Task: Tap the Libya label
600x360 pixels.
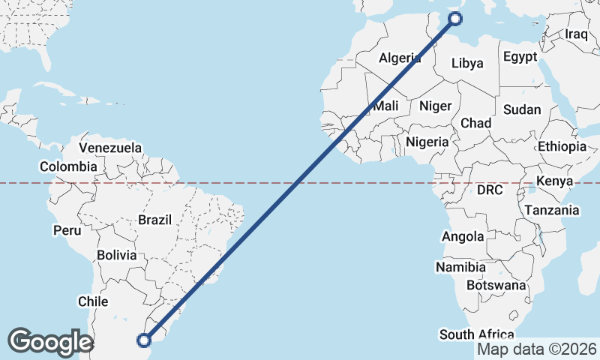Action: (x=467, y=64)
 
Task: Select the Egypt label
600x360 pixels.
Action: (x=520, y=57)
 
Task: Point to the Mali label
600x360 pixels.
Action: (x=385, y=106)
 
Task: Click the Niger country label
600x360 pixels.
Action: (x=435, y=106)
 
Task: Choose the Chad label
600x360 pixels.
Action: (x=475, y=123)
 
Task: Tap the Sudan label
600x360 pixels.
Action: (x=522, y=109)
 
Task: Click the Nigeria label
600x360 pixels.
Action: (x=427, y=141)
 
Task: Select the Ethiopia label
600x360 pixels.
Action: (x=562, y=146)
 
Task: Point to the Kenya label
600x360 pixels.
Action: (x=555, y=181)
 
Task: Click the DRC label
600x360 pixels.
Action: (x=490, y=190)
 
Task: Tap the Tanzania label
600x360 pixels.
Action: (x=552, y=211)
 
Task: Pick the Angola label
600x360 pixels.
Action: (x=463, y=237)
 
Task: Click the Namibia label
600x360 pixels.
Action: (x=460, y=267)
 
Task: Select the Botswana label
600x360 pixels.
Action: (x=496, y=285)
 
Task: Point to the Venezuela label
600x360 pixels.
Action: (x=110, y=148)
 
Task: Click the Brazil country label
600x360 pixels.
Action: (x=155, y=220)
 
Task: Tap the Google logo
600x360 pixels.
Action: (x=50, y=342)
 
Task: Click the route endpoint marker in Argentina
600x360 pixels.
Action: (x=144, y=340)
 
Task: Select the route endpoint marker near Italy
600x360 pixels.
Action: (x=454, y=19)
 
